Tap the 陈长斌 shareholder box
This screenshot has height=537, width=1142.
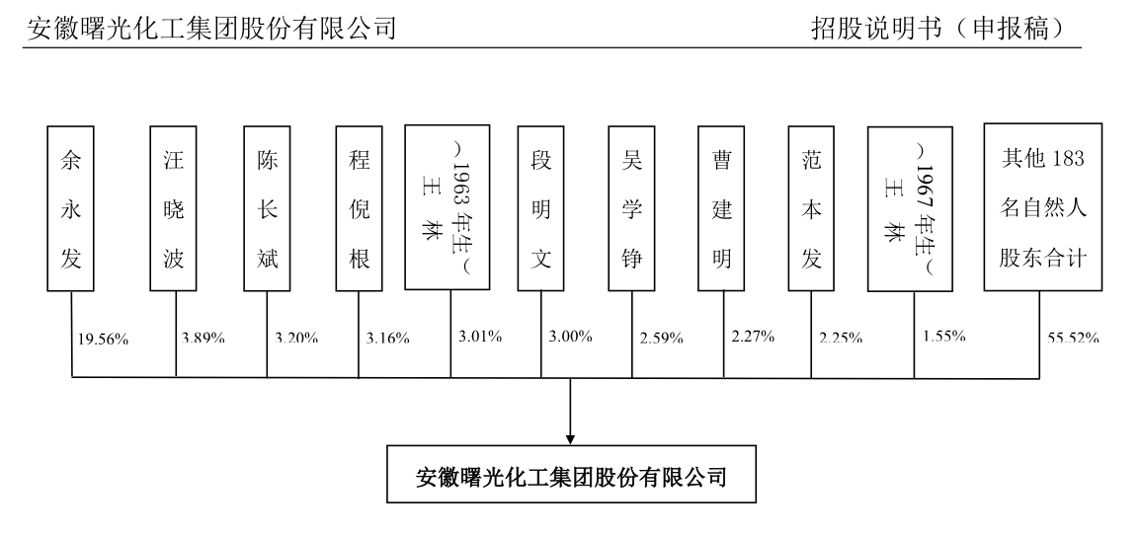(x=267, y=208)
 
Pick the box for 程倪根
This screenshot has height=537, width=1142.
(x=359, y=208)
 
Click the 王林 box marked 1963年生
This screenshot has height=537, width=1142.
(x=448, y=208)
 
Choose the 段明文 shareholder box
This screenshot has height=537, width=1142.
(x=541, y=208)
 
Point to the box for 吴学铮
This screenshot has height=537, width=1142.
(x=632, y=208)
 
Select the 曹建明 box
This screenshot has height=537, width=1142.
(x=721, y=208)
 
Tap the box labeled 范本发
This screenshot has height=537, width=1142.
(x=812, y=208)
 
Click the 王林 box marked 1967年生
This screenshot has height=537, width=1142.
(x=910, y=208)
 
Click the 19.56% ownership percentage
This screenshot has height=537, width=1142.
(x=104, y=340)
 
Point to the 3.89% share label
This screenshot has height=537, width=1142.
(x=203, y=339)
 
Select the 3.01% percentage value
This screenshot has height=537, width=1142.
(x=480, y=337)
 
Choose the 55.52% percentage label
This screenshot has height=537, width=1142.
(x=1073, y=339)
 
